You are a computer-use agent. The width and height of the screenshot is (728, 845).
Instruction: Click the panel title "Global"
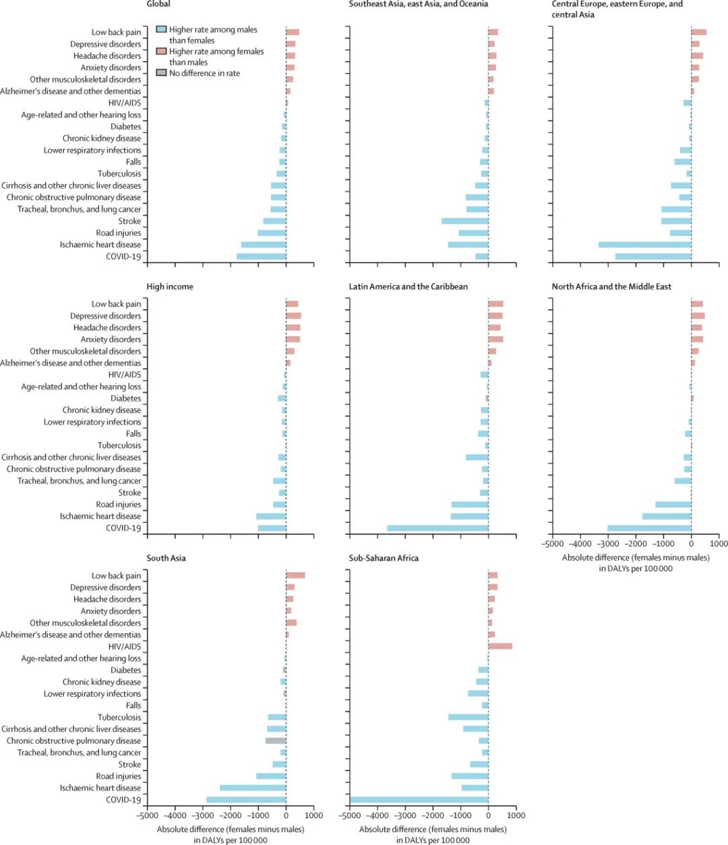(x=158, y=4)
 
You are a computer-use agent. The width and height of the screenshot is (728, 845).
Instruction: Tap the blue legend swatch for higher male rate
(x=160, y=30)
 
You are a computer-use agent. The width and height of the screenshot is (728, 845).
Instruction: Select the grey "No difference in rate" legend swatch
(x=160, y=73)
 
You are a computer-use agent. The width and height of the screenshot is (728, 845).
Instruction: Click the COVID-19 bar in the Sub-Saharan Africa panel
(x=419, y=800)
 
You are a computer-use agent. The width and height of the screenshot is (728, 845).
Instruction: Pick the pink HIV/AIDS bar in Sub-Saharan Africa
(x=500, y=646)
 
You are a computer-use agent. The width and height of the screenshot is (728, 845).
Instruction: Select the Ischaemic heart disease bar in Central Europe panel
(x=644, y=245)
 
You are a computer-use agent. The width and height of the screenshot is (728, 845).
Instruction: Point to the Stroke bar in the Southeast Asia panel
(x=464, y=221)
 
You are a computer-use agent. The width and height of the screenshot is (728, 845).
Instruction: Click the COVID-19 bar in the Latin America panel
(x=437, y=528)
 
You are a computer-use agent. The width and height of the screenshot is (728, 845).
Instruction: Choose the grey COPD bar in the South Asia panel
(x=276, y=741)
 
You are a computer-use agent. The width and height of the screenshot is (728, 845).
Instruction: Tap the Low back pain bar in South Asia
(x=296, y=575)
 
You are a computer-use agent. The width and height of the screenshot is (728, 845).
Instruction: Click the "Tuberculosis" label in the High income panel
(x=119, y=445)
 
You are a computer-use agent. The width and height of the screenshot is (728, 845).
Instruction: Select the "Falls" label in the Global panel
(x=133, y=162)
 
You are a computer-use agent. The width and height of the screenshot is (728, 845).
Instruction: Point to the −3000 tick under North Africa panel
(x=608, y=544)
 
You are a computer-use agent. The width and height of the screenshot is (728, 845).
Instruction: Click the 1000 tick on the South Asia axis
(x=313, y=815)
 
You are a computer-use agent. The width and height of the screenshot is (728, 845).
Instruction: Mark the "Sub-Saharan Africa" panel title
(x=384, y=558)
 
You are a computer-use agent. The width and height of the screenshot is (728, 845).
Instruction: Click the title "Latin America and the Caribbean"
(x=408, y=286)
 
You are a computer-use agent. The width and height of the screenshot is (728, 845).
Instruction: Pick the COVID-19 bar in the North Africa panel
(x=649, y=528)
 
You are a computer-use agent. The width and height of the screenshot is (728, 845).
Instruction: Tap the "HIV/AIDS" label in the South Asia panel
(x=125, y=646)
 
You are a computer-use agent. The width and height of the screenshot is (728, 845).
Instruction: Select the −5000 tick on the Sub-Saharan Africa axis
(x=349, y=815)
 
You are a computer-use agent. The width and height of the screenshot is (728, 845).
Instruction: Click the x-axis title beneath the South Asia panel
(x=231, y=834)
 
